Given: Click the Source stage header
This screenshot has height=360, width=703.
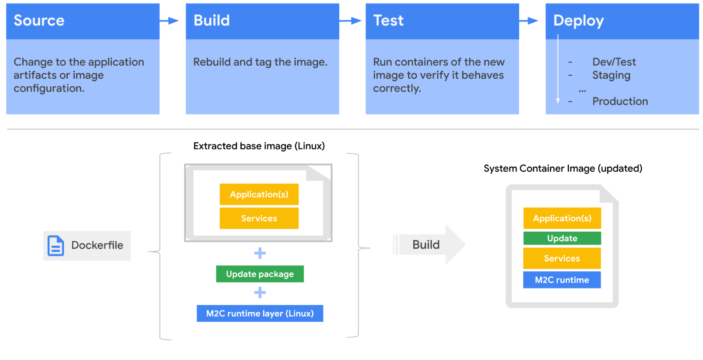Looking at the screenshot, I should pos(82,21).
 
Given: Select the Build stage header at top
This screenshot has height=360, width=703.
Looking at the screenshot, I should pos(262,21).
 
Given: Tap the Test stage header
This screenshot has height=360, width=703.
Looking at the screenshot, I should pos(442,21).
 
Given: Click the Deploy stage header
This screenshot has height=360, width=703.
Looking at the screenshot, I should pos(622,21).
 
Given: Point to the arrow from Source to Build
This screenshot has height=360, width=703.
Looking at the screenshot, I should pos(169,21).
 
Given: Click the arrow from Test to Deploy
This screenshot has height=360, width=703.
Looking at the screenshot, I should pos(529,21).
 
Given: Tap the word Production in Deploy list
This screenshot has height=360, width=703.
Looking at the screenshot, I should pos(620,101).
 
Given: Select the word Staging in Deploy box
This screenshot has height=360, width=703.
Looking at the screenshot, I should pos(611,75).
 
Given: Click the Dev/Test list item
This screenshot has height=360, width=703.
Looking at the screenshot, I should pos(614,62).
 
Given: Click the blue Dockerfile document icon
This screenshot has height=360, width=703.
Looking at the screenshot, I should pos(56,246).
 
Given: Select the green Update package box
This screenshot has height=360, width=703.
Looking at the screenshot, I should pos(260,274).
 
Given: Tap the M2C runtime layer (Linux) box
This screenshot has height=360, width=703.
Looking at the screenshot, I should pos(260,313).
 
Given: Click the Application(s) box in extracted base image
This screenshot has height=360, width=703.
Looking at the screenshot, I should pos(259,194).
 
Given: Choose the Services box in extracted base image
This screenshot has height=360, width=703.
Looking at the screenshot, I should pos(259,218).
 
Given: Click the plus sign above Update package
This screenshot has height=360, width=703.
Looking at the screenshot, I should pos(260,253).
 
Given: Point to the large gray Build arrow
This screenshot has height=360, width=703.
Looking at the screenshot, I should pos(429,244).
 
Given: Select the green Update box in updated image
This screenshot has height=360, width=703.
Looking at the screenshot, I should pos(562,238).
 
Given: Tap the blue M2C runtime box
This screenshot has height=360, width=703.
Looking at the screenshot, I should pos(562,280).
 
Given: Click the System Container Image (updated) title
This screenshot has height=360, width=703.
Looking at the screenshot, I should pos(562,169).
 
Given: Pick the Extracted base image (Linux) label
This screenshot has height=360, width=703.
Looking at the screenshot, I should pos(259,146).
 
